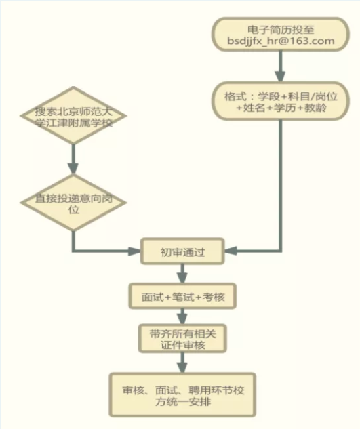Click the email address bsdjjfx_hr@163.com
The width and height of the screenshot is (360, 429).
281,41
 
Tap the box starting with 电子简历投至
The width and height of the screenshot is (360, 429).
280,34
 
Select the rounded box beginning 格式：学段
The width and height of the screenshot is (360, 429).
280,101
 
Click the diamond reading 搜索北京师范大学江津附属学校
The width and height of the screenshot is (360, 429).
73,115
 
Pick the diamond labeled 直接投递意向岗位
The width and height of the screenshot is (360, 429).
73,203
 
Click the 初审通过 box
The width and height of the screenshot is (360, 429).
182,251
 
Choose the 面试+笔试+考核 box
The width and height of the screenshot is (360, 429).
182,296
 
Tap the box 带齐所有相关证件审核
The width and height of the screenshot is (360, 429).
182,338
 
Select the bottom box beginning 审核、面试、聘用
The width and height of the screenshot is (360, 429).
182,395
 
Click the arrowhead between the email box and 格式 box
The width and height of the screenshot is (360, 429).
280,77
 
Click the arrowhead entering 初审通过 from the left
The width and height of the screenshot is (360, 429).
135,251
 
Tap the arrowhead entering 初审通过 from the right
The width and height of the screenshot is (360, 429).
231,251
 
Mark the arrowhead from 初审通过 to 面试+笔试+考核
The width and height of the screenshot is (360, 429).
182,278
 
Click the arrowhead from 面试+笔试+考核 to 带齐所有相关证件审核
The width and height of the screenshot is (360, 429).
182,319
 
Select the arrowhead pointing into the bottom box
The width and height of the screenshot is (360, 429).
182,368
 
